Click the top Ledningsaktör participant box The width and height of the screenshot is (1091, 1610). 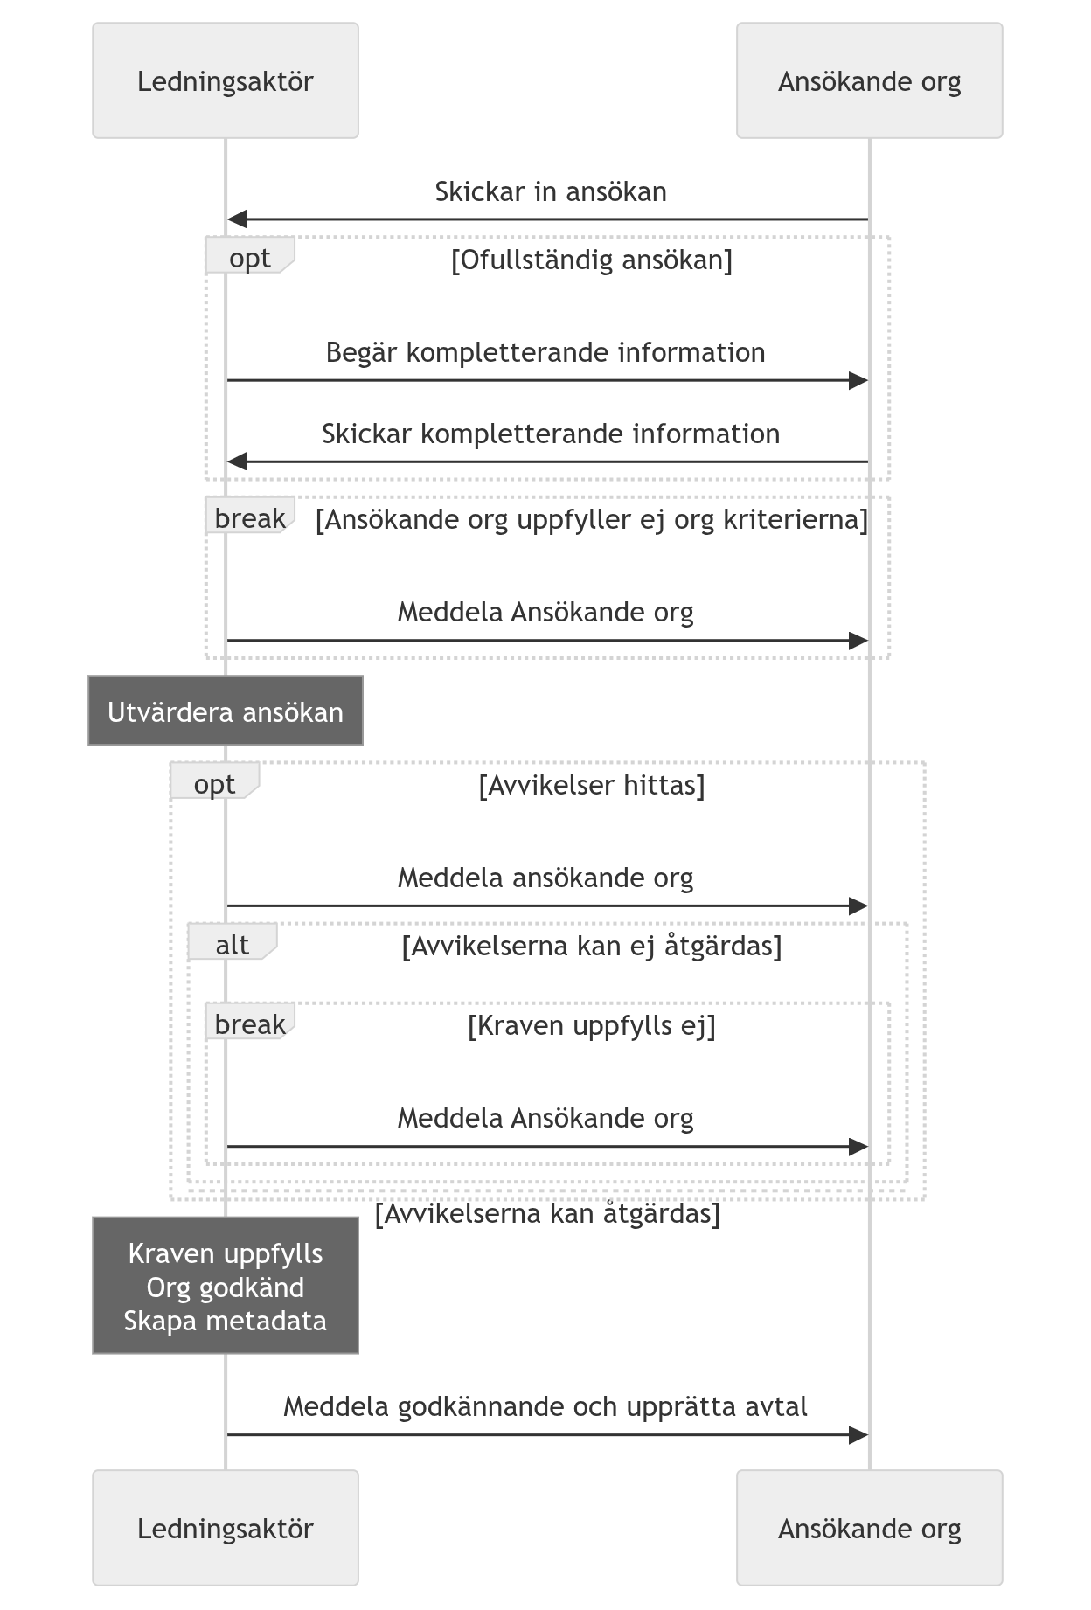(226, 80)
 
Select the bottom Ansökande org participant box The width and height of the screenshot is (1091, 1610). (869, 1528)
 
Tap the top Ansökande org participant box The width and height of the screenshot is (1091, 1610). (869, 80)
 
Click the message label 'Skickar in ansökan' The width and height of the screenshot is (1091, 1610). (551, 191)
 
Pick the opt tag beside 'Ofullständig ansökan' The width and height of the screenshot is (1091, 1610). (250, 255)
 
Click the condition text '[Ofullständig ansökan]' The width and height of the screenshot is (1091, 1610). (592, 260)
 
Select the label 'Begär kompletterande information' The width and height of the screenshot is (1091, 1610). (545, 352)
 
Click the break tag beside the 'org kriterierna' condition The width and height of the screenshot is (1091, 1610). (250, 516)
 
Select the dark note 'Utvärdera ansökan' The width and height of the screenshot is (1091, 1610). (226, 711)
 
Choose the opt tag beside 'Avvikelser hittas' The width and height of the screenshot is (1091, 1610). (215, 781)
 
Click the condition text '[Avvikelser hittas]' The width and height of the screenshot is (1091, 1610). (592, 785)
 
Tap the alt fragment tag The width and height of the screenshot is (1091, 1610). (233, 941)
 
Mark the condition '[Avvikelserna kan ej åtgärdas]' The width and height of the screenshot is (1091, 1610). (592, 946)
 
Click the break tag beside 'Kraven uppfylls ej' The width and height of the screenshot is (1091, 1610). (250, 1021)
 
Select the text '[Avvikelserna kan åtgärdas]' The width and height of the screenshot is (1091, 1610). (547, 1214)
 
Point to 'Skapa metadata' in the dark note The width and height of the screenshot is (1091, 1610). (226, 1321)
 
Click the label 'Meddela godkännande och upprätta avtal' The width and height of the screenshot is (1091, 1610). (545, 1406)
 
